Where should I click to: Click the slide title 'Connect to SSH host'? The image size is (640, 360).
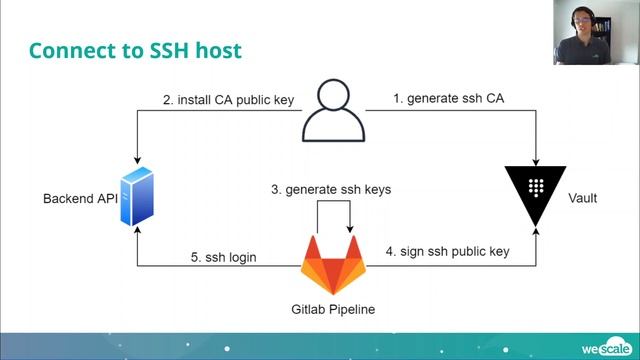click(x=135, y=49)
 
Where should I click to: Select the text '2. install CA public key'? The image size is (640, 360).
click(x=228, y=98)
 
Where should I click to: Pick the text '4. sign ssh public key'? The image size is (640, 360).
click(x=447, y=251)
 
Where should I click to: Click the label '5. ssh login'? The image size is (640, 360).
click(x=224, y=257)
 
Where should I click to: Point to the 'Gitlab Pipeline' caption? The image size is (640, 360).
click(x=333, y=309)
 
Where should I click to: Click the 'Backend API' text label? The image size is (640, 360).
click(x=80, y=198)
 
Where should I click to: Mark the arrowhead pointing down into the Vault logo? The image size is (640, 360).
click(x=539, y=161)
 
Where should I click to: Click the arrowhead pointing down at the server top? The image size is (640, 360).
click(x=137, y=161)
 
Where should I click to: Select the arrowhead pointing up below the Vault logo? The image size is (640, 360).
click(x=539, y=236)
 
